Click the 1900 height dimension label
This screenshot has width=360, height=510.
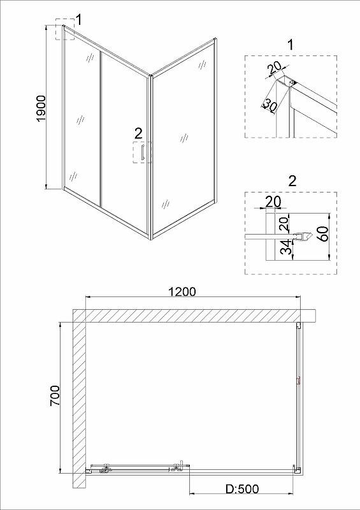[42, 108]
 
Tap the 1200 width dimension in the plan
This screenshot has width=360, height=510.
[182, 291]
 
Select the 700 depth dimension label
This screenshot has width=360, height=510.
[55, 395]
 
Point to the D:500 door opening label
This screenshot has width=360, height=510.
[243, 488]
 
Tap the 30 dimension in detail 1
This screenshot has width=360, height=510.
[270, 105]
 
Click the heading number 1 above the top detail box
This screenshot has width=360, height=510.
[291, 45]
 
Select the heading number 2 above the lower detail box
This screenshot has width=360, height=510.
[292, 181]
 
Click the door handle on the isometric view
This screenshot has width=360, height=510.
[142, 152]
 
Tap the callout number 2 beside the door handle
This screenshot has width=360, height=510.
[138, 133]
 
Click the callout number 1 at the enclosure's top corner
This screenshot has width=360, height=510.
[78, 20]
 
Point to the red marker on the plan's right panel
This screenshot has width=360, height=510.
[298, 380]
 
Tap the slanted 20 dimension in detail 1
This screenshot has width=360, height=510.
[274, 69]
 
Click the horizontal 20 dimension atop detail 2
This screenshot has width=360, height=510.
[273, 202]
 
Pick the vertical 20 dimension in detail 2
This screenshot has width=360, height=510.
[284, 224]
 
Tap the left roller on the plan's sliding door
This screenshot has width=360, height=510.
[105, 469]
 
